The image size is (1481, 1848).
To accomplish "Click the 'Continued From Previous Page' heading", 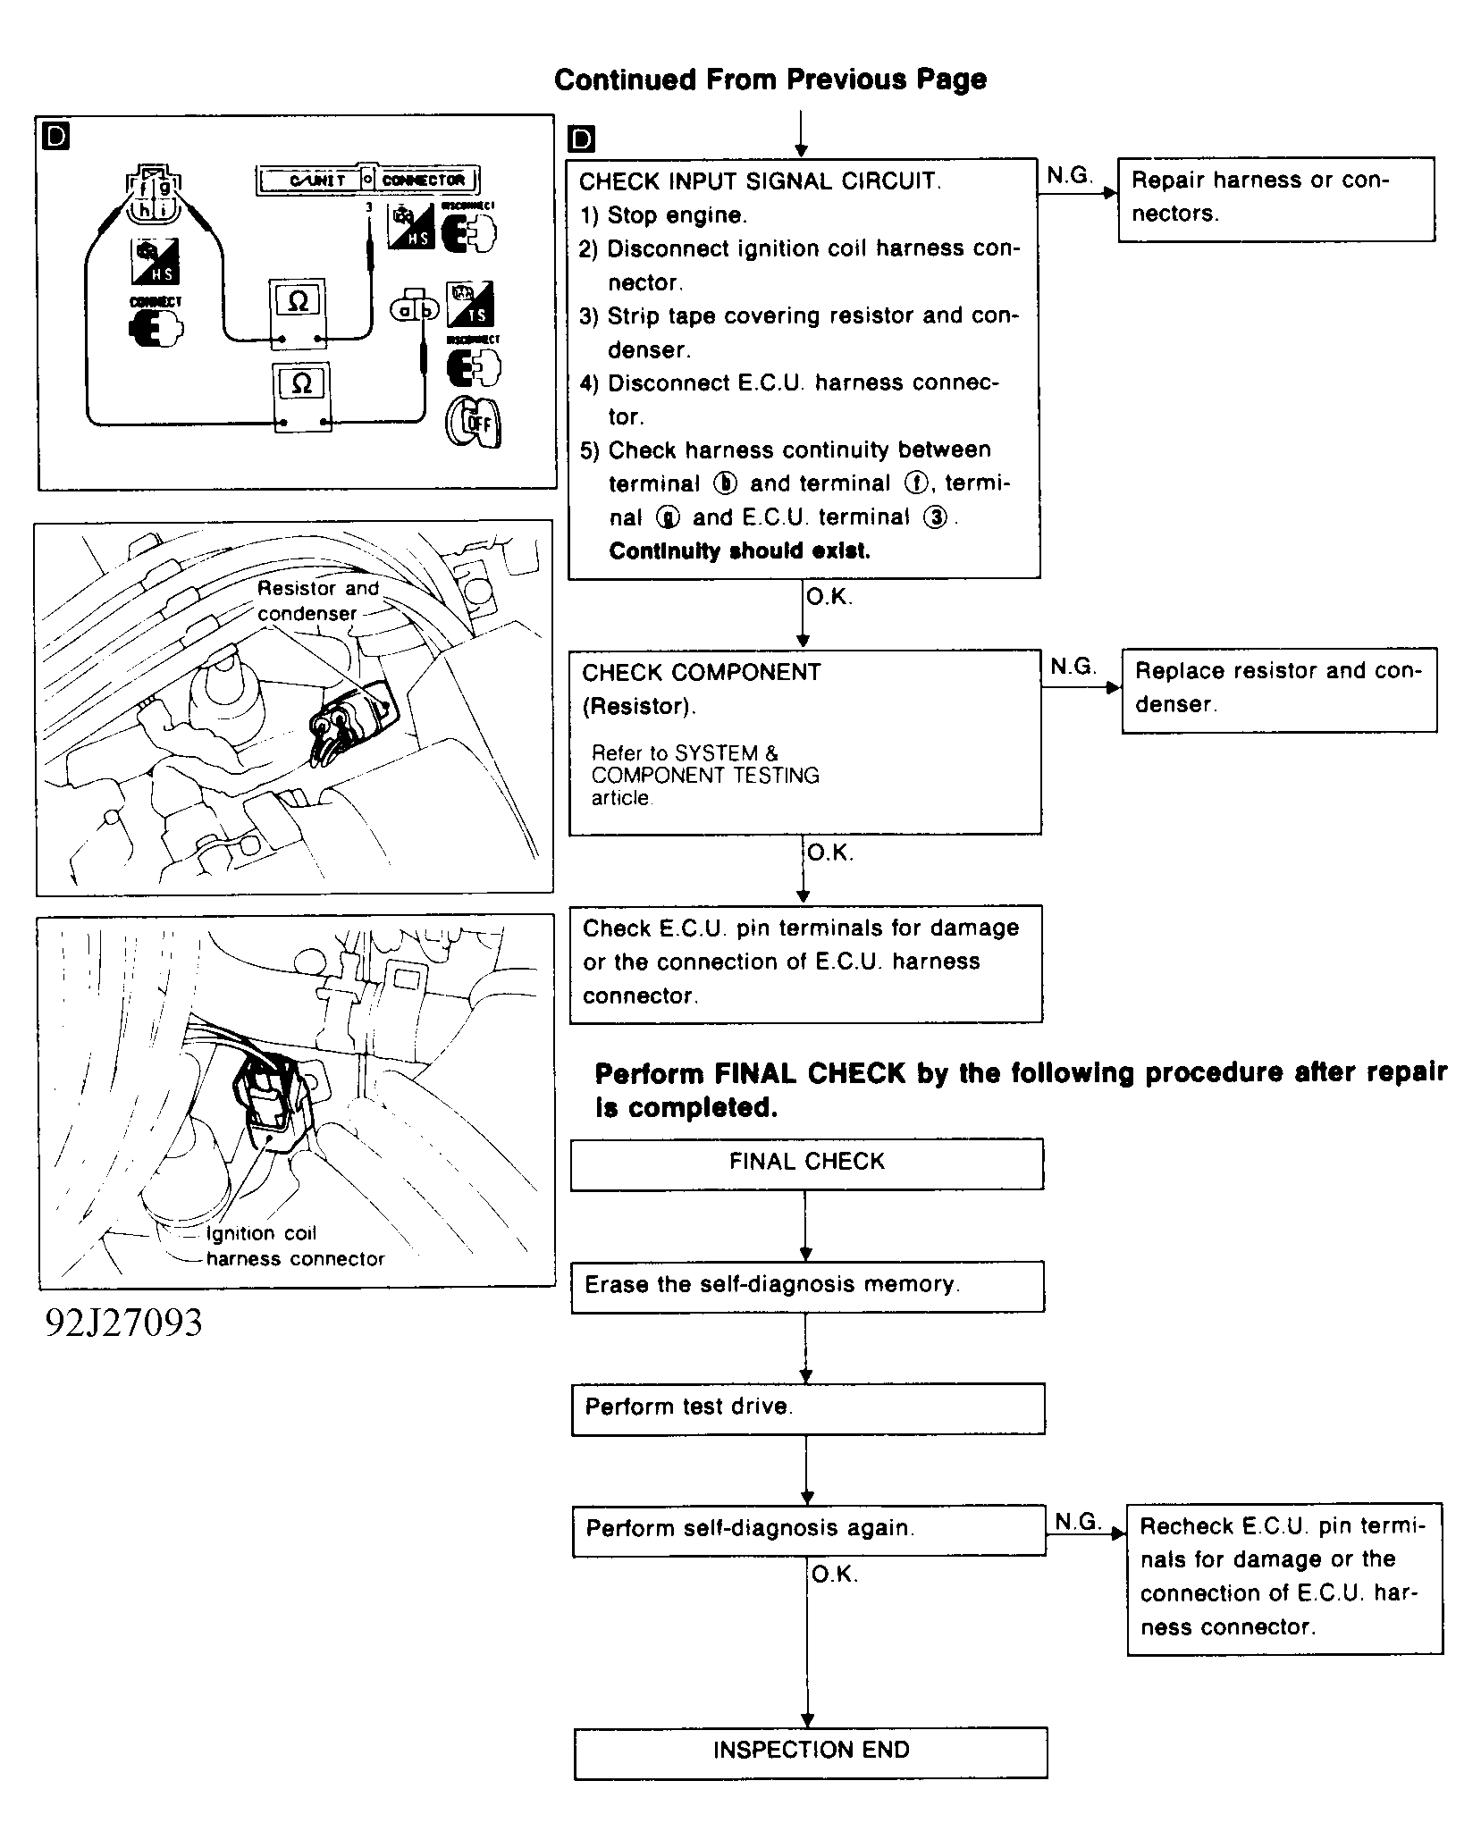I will click(770, 80).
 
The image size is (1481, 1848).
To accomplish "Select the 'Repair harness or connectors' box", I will click(1275, 198).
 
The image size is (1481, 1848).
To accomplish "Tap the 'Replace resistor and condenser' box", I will click(1278, 689).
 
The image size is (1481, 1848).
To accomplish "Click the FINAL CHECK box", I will click(806, 1163).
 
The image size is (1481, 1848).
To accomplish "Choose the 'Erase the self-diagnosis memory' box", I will click(807, 1286).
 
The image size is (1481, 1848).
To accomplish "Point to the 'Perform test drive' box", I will click(807, 1408).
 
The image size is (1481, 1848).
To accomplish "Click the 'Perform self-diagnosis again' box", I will click(808, 1530).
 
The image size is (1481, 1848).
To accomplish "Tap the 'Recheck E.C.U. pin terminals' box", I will click(1284, 1578).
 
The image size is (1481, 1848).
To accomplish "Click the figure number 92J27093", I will click(124, 1323).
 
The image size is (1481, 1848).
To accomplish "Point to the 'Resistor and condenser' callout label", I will click(317, 601).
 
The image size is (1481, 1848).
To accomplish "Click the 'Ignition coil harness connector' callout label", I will click(294, 1246).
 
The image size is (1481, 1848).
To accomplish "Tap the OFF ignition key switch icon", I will click(474, 421).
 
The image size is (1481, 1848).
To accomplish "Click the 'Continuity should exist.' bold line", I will click(739, 551).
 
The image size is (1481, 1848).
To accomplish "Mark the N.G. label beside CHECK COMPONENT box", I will click(1072, 667).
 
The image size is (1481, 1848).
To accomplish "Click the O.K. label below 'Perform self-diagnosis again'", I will click(834, 1575).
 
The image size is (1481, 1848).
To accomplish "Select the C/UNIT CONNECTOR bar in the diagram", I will click(369, 180).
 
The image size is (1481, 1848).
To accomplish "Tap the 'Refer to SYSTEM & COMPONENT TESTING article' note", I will click(705, 776).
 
